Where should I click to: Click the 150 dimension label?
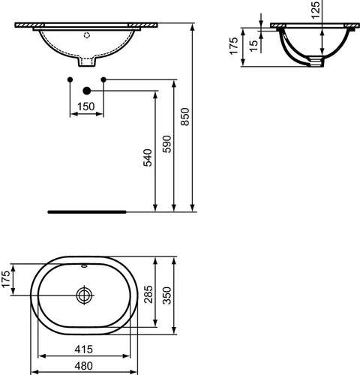(x=86, y=106)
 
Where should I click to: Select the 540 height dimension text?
(x=148, y=157)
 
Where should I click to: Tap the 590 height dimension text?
(x=167, y=144)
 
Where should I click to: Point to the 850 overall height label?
(x=185, y=117)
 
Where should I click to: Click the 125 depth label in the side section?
(x=316, y=10)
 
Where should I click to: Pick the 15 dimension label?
(x=253, y=46)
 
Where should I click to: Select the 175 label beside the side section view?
(x=234, y=46)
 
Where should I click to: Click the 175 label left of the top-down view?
(x=6, y=279)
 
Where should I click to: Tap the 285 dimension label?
(x=148, y=294)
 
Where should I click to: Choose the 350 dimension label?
(x=167, y=295)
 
